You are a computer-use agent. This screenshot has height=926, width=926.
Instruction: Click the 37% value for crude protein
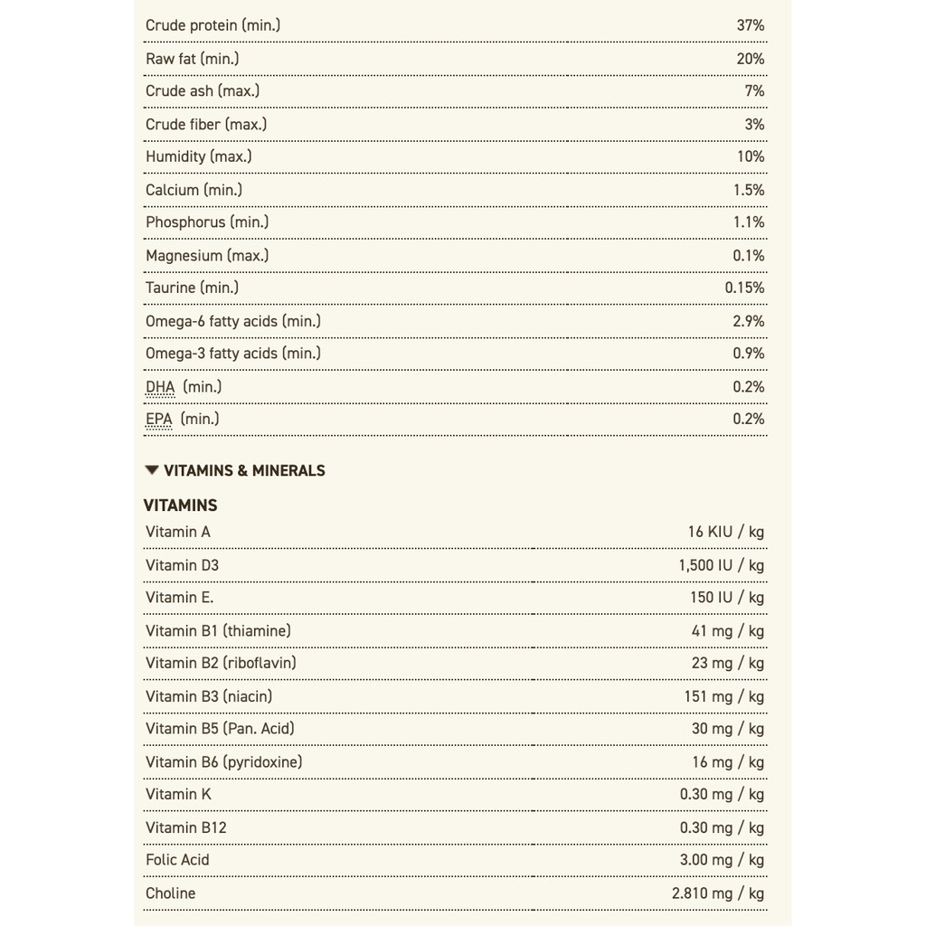pyautogui.click(x=750, y=25)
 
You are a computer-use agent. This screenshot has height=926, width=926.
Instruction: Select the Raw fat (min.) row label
pyautogui.click(x=193, y=59)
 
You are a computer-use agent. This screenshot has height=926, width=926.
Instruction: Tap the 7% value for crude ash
pyautogui.click(x=754, y=91)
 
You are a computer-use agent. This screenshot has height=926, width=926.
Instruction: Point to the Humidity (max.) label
pyautogui.click(x=198, y=156)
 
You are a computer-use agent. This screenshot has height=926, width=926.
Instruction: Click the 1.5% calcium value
pyautogui.click(x=749, y=190)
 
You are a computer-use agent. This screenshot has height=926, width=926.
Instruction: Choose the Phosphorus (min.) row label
pyautogui.click(x=207, y=222)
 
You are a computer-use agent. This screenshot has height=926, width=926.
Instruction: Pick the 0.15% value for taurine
pyautogui.click(x=744, y=288)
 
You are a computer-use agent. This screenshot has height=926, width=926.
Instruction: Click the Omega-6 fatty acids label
pyautogui.click(x=233, y=321)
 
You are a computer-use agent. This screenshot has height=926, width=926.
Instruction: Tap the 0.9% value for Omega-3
pyautogui.click(x=749, y=354)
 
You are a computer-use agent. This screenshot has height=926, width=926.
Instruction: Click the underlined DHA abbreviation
pyautogui.click(x=160, y=387)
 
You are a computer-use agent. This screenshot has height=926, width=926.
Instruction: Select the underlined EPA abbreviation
pyautogui.click(x=159, y=419)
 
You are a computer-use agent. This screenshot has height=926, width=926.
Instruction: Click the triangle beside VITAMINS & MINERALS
pyautogui.click(x=152, y=470)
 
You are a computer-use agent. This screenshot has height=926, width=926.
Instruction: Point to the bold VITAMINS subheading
pyautogui.click(x=181, y=506)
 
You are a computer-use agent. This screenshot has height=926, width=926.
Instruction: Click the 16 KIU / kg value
pyautogui.click(x=725, y=532)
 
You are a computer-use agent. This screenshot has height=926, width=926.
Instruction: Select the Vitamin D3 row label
pyautogui.click(x=182, y=565)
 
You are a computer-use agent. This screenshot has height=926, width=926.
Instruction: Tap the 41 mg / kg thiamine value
pyautogui.click(x=728, y=630)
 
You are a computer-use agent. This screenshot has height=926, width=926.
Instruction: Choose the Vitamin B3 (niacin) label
pyautogui.click(x=209, y=696)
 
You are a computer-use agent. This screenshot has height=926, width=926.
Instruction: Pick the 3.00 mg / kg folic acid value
pyautogui.click(x=722, y=860)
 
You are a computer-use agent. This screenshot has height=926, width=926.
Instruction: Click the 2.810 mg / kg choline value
pyautogui.click(x=717, y=893)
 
